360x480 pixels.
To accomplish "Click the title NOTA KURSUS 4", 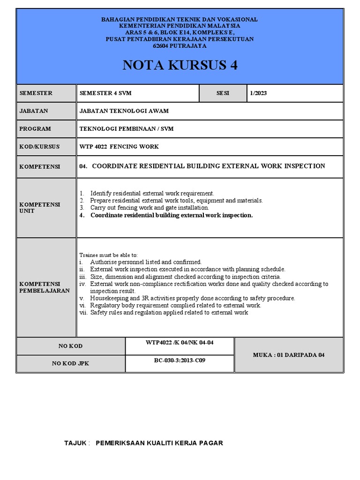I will [x=180, y=65].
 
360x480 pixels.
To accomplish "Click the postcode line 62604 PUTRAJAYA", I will [x=180, y=46].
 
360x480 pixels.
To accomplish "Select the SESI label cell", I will [x=223, y=93].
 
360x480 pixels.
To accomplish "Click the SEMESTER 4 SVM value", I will [x=105, y=93].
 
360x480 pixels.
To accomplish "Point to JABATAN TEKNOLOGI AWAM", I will [x=124, y=111].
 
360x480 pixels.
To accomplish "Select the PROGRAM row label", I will [x=35, y=129].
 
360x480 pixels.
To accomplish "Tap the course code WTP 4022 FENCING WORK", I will [x=120, y=147].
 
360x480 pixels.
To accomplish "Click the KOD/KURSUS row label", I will [x=40, y=147].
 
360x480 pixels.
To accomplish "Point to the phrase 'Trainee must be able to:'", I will [x=108, y=255].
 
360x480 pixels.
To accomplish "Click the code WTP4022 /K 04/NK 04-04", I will [x=180, y=343].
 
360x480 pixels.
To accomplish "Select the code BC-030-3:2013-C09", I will [x=180, y=361].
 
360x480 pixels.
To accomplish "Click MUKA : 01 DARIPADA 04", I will [x=288, y=355].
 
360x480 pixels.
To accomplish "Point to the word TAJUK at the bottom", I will [x=75, y=443].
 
